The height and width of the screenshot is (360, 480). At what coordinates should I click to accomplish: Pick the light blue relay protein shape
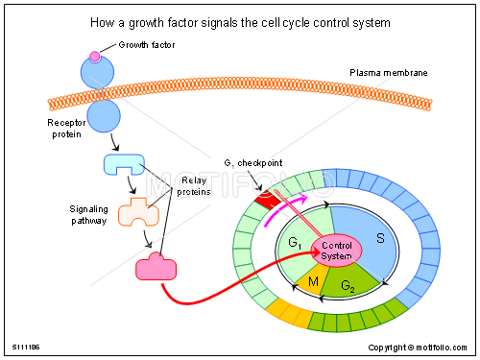(123, 165)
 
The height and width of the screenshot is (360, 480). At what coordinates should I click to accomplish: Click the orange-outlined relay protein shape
(137, 213)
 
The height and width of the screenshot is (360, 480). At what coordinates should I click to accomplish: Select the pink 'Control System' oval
(336, 251)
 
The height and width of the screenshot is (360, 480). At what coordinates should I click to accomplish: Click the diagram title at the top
(239, 20)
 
